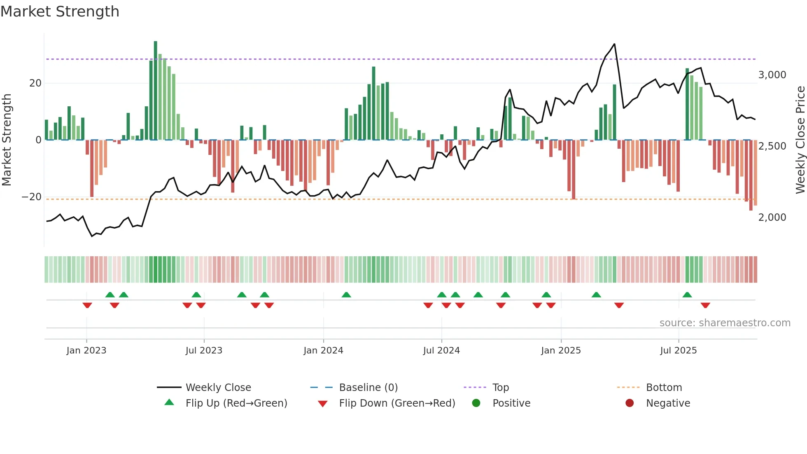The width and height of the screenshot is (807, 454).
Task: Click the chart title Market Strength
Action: tap(60, 12)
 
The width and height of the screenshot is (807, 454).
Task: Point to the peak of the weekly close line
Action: tap(614, 44)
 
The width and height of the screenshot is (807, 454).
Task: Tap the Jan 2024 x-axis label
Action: tap(323, 351)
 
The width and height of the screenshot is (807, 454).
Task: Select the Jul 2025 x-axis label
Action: tap(678, 351)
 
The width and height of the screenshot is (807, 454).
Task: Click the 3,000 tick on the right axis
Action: tap(772, 75)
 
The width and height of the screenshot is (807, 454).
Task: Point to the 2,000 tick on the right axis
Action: tap(772, 218)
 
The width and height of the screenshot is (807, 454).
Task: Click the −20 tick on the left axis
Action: tap(32, 197)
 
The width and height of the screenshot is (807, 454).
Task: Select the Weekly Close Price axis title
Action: tap(800, 140)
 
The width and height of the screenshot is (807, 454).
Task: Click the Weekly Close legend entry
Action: tap(218, 388)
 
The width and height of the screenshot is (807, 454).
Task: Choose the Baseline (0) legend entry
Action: tap(368, 388)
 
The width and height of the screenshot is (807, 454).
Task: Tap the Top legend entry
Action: tap(501, 388)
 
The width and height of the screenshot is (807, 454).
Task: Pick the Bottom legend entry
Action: tap(664, 388)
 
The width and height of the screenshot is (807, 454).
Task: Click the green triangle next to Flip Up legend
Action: tap(169, 403)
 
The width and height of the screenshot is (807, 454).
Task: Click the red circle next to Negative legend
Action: tap(630, 403)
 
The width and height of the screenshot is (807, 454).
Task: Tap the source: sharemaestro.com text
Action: tap(725, 323)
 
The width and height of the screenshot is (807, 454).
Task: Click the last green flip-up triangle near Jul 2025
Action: tap(687, 295)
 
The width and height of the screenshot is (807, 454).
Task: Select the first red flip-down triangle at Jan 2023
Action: tap(87, 305)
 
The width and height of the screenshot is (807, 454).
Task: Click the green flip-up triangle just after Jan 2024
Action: tap(346, 295)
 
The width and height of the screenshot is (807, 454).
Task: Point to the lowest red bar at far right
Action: tap(751, 175)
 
